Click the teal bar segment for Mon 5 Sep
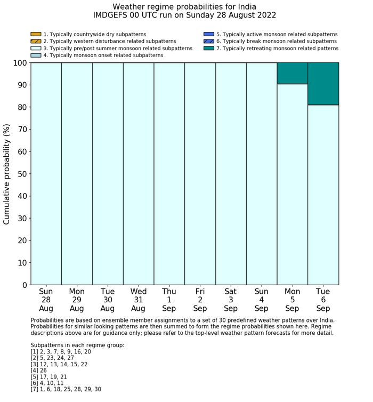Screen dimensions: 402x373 (292, 73)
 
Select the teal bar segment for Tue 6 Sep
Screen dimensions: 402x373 (323, 84)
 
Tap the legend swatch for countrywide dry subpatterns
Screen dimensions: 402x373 (36, 34)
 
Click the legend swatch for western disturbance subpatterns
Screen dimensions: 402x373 (36, 41)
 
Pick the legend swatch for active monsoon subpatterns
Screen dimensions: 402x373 (208, 34)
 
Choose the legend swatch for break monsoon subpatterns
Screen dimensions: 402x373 (208, 41)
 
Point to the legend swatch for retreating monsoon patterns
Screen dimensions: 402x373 (208, 48)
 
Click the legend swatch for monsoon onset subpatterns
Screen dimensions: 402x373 (36, 55)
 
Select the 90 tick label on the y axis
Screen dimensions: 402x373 (21, 85)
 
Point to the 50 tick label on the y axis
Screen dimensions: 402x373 (21, 174)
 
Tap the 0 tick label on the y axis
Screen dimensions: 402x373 (23, 285)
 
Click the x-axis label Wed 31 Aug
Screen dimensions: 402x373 (139, 300)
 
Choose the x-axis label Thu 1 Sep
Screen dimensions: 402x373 (169, 300)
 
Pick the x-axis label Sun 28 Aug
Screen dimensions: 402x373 (46, 300)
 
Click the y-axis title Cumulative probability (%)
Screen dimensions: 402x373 (7, 174)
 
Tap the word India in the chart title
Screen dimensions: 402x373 (245, 7)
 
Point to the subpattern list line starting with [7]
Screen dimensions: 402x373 (66, 389)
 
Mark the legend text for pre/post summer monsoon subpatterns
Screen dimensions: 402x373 (118, 48)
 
